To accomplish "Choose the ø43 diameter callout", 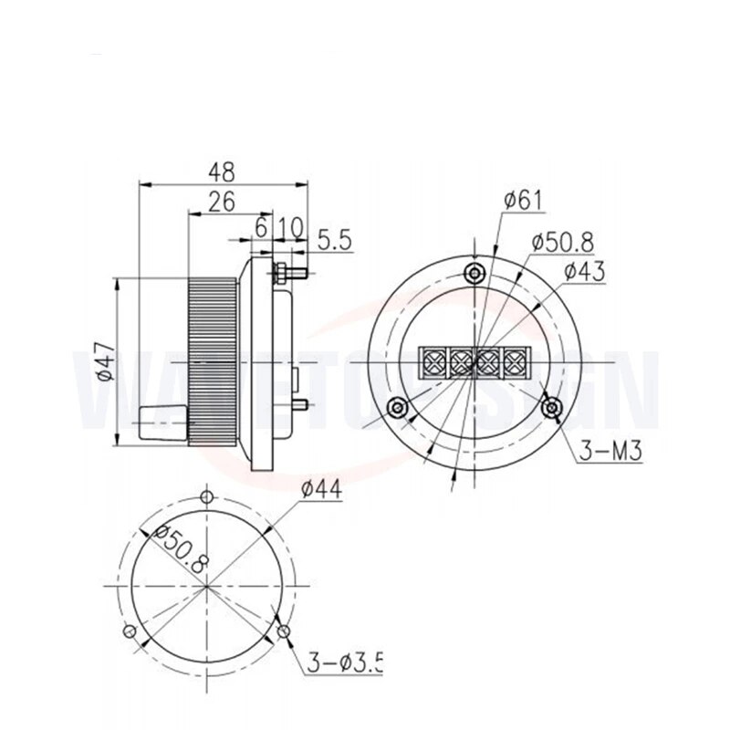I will coord(584,271).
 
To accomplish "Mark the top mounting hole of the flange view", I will coord(474,272).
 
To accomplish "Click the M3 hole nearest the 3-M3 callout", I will coord(551,407).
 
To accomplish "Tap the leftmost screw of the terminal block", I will coord(432,360).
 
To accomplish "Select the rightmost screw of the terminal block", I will coord(517,360).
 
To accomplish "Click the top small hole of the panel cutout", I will coord(207,497).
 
